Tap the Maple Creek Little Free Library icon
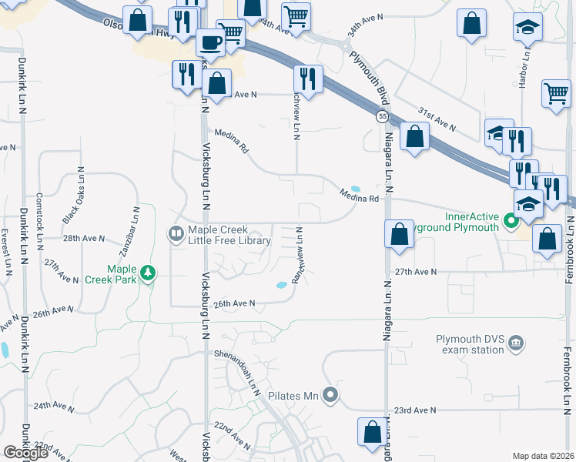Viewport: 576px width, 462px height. click(x=176, y=233)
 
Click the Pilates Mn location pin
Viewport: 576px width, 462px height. click(x=330, y=396)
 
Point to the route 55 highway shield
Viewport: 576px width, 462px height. click(x=382, y=116)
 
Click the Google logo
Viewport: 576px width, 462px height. click(x=25, y=453)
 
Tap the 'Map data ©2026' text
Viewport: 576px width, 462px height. click(x=544, y=456)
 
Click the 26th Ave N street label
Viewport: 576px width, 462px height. click(x=235, y=303)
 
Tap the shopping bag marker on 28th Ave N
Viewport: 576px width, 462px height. click(x=400, y=235)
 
